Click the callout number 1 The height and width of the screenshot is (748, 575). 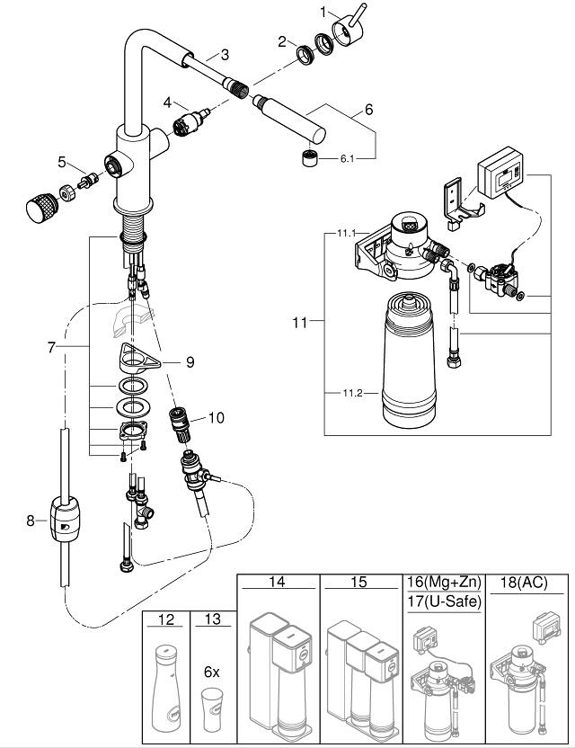tap(300, 13)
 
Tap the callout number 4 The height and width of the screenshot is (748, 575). tap(167, 104)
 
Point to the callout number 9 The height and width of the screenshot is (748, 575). tap(189, 362)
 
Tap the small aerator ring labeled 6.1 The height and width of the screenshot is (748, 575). tap(312, 161)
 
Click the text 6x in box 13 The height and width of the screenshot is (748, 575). tap(211, 672)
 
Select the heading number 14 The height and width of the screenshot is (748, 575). tap(277, 583)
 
